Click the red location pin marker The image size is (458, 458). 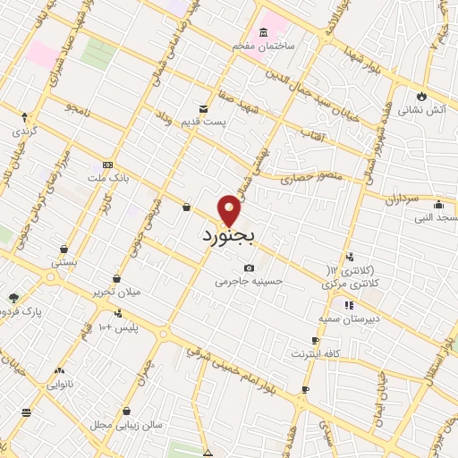tap(230, 210)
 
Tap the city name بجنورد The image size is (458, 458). tap(230, 237)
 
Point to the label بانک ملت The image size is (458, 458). tap(115, 177)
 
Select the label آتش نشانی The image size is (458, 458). tap(420, 110)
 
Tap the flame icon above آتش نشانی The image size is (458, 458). tap(420, 97)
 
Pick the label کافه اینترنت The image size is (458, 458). tap(315, 354)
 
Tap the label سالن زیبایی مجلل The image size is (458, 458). tap(132, 424)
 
